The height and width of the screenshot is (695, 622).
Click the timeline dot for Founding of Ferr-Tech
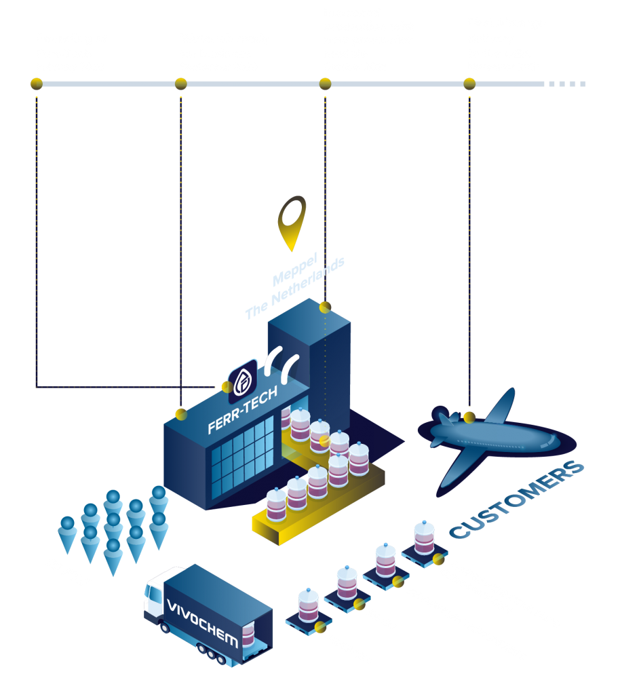pos(37,83)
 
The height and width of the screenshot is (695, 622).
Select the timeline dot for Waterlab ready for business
pos(181,83)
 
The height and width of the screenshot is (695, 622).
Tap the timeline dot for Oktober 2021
pos(325,83)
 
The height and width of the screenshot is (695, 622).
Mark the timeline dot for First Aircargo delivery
pos(469,83)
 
